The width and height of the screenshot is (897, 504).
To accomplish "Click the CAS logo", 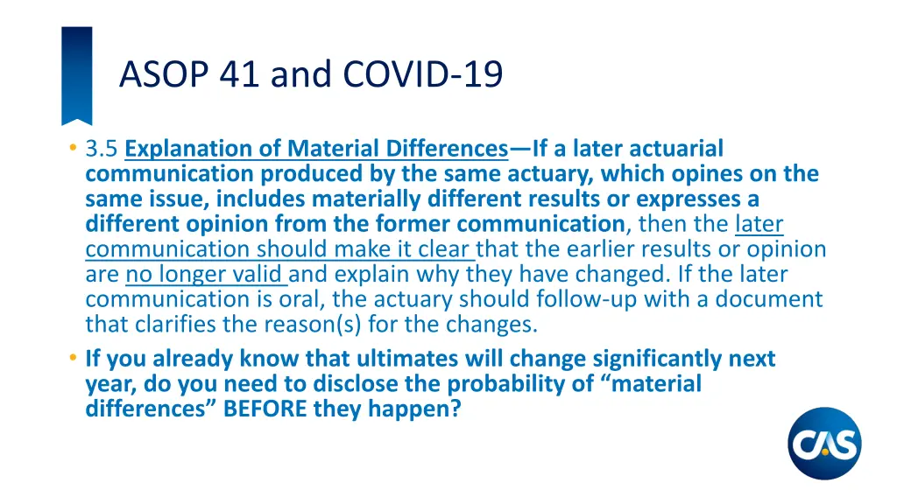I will click(x=824, y=444).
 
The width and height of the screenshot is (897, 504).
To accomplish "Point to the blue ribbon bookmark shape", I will click(x=76, y=73).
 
